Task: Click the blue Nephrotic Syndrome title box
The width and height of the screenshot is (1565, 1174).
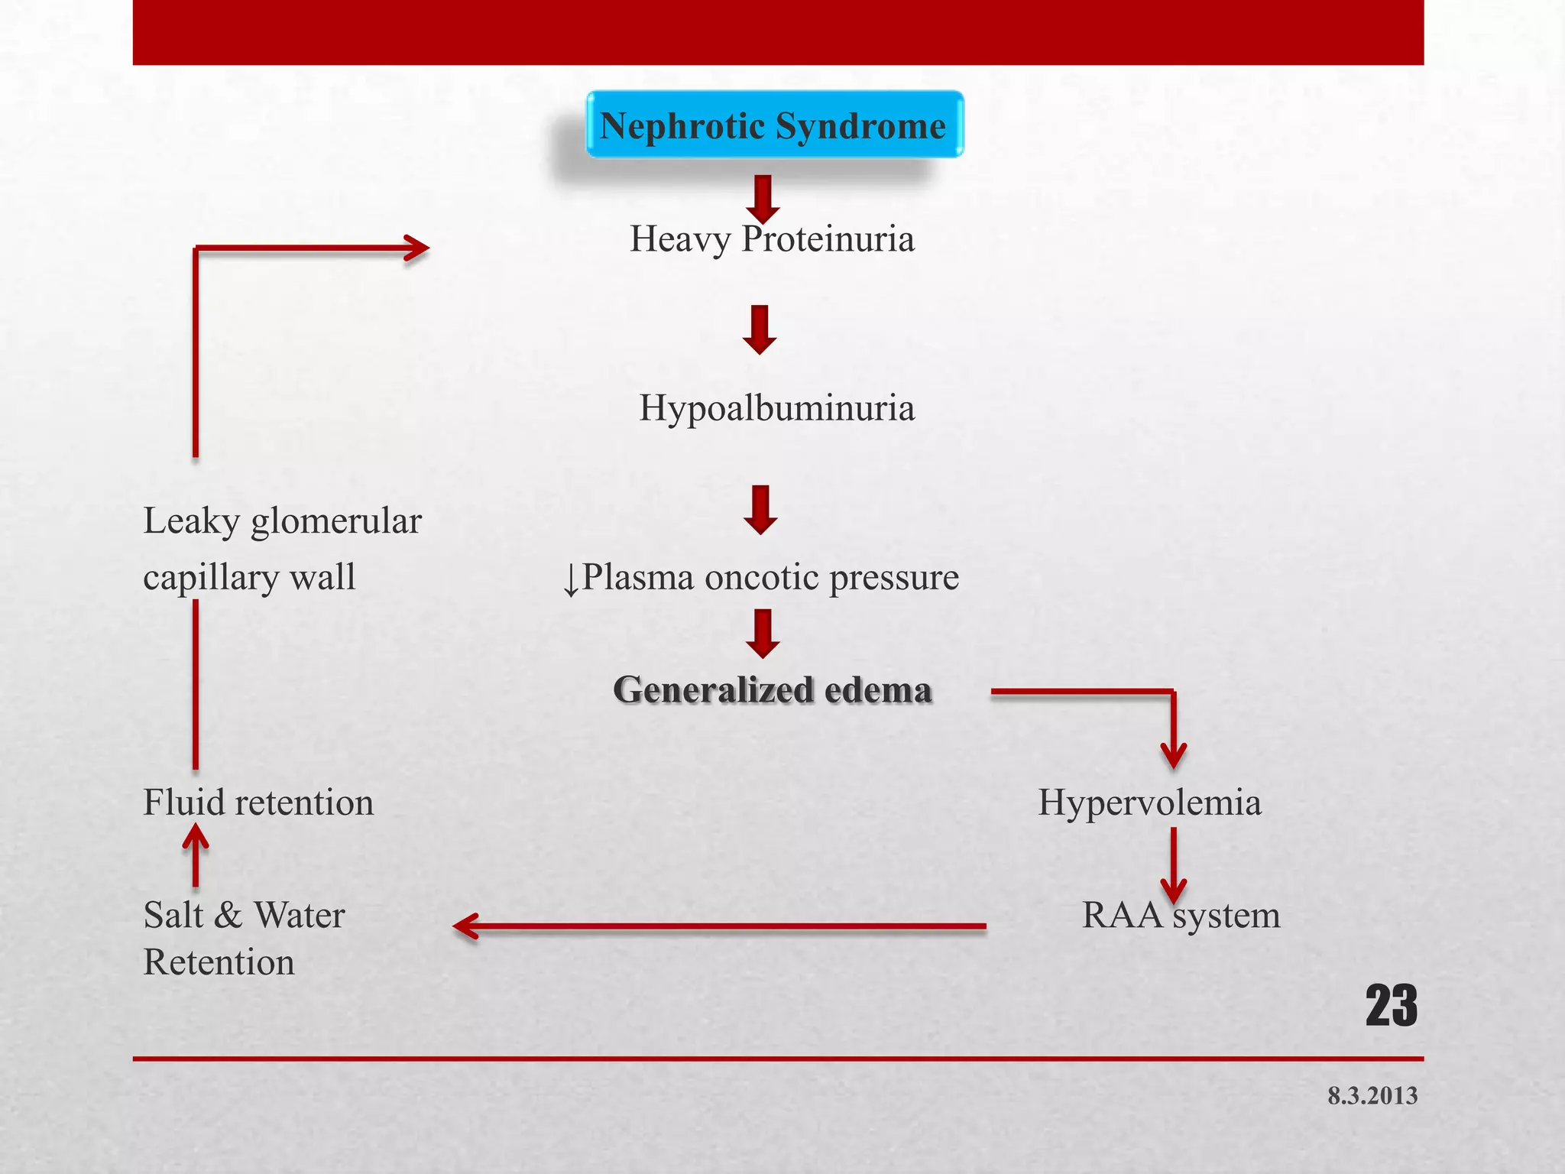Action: [x=774, y=125]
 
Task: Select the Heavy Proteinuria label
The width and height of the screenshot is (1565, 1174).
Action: [x=772, y=239]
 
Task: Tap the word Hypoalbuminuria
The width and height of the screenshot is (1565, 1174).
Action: [x=776, y=408]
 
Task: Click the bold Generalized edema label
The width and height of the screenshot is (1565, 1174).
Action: [x=773, y=689]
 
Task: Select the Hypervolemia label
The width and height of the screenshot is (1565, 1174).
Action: [x=1149, y=803]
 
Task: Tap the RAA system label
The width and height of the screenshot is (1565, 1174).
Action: [x=1181, y=915]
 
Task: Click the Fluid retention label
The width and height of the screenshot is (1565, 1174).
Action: [x=258, y=803]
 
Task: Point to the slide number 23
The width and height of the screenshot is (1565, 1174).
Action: [x=1391, y=1006]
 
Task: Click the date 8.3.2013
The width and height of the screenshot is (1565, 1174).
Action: [x=1372, y=1096]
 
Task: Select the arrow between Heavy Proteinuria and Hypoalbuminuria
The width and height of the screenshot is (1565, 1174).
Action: [x=760, y=329]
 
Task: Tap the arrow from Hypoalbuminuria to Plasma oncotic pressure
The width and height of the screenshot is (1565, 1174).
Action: [x=760, y=509]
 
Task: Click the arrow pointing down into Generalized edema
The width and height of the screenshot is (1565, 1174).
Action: [x=763, y=633]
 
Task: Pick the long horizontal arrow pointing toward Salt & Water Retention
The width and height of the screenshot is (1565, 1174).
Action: [x=718, y=926]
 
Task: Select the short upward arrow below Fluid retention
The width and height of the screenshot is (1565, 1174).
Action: [x=196, y=855]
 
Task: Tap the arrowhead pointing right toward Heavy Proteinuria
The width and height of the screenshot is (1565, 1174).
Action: [x=416, y=248]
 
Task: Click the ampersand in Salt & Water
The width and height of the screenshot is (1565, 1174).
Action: [x=228, y=916]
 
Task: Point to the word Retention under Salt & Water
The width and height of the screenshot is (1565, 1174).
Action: [x=219, y=962]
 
